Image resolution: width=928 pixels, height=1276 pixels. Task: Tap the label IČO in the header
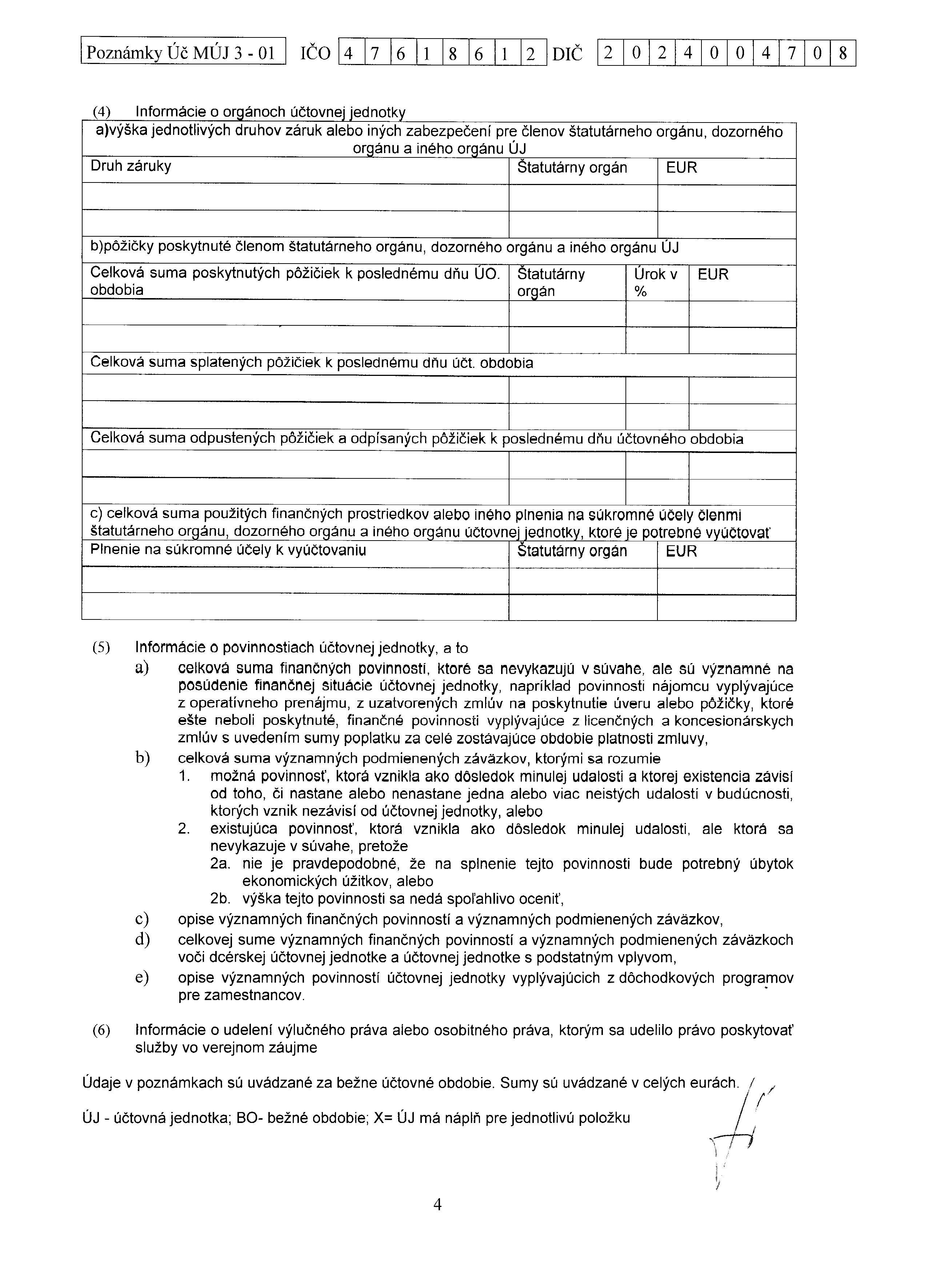[316, 53]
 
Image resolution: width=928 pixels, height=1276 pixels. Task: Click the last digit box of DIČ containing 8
[843, 53]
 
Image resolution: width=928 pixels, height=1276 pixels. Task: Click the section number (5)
[101, 648]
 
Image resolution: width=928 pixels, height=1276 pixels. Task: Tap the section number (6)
[101, 1030]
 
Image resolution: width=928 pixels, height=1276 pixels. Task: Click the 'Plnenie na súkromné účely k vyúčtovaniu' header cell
[228, 550]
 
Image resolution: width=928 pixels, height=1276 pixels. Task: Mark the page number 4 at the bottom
[437, 1204]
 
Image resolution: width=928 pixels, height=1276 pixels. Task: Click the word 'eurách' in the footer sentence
[713, 1083]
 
